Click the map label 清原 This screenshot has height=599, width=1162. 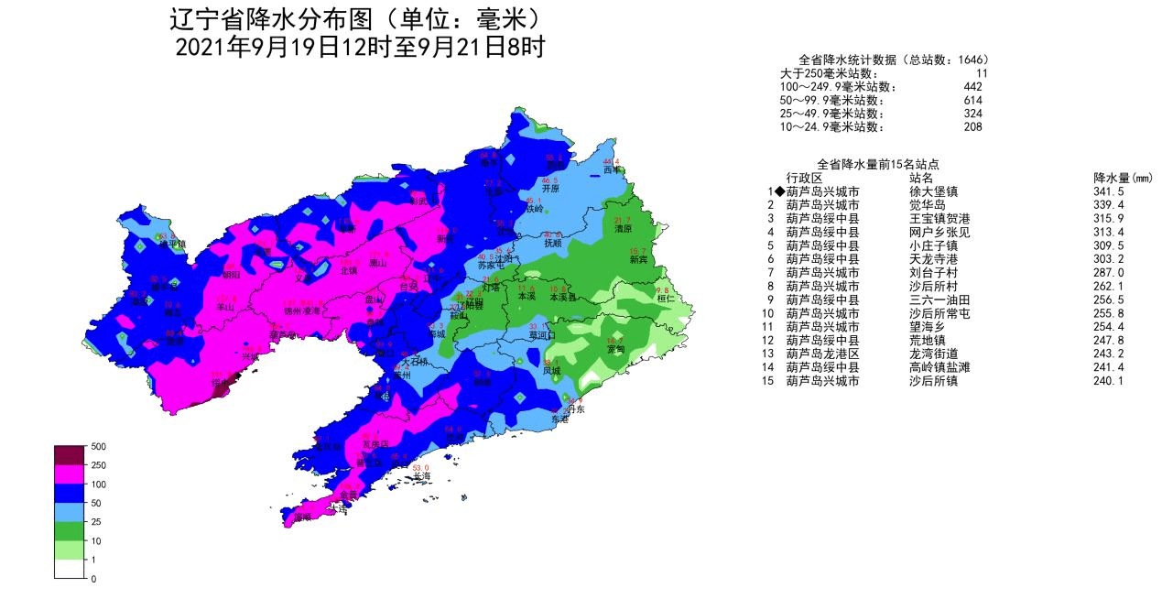tap(623, 229)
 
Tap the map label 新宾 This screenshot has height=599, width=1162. tap(638, 260)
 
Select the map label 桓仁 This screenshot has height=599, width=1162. tap(665, 299)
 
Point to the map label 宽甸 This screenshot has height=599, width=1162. tap(615, 349)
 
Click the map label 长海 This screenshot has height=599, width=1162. tap(421, 476)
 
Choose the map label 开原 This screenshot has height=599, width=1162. tap(549, 189)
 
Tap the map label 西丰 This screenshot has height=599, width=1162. tap(612, 169)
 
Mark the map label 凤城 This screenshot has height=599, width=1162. tap(550, 371)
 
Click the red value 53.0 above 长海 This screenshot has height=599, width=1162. tap(421, 467)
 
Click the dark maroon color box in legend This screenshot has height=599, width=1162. tap(70, 455)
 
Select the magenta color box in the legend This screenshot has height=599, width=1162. tap(70, 474)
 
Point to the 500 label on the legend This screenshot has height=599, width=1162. tap(100, 447)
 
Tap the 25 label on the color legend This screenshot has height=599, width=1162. tap(97, 522)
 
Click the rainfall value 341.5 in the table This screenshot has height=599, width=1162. tap(1108, 191)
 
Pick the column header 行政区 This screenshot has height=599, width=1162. tap(805, 178)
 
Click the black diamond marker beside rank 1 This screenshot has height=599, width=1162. tap(779, 191)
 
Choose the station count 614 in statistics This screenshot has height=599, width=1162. tap(972, 100)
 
